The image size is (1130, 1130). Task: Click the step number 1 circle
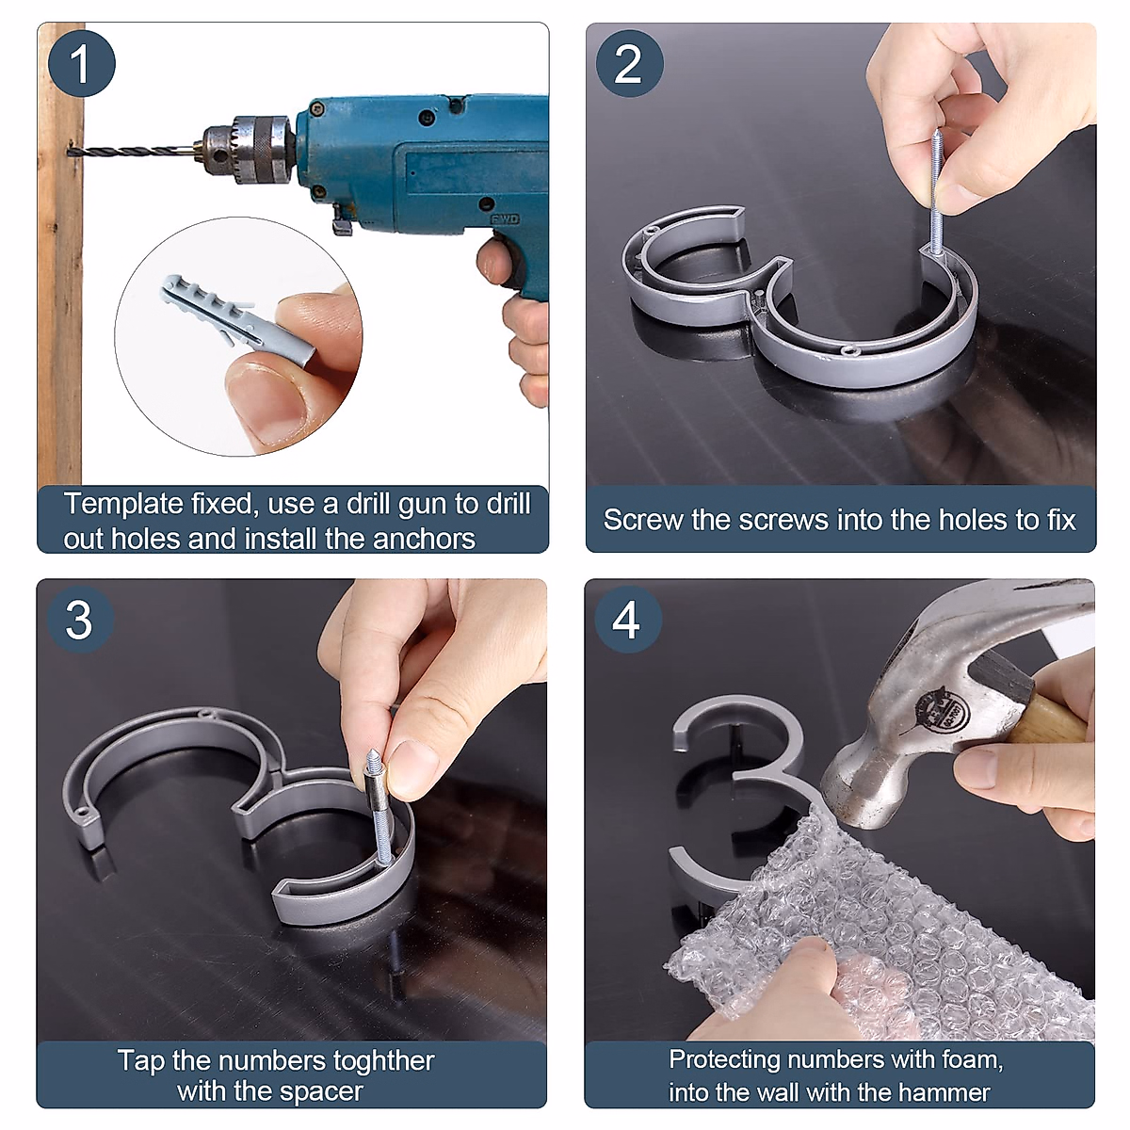pos(82,63)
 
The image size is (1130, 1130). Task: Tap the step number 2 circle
pos(629,63)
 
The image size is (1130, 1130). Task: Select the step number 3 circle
pos(80,620)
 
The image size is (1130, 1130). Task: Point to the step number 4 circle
pos(628,620)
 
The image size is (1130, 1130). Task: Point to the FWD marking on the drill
pos(505,219)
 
